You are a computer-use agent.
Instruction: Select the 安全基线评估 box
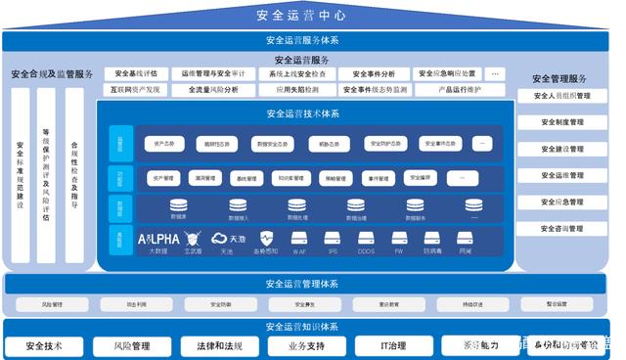point(136,73)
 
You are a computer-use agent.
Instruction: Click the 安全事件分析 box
point(374,73)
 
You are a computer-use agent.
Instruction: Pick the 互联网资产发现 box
point(136,90)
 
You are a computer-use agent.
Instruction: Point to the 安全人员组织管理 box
point(561,96)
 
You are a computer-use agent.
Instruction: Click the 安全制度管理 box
point(561,122)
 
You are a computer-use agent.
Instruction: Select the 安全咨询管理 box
point(561,228)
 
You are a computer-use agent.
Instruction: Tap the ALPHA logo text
point(158,238)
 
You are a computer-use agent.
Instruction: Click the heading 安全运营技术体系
point(302,113)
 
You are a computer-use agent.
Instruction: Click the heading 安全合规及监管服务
point(52,74)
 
